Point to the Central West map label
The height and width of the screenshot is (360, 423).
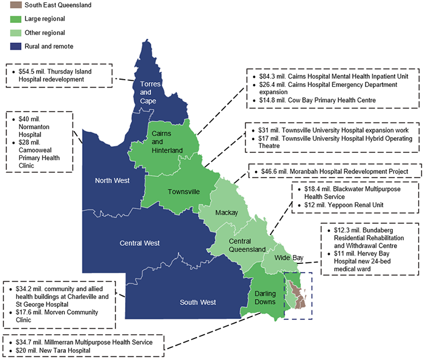[x=140, y=243]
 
